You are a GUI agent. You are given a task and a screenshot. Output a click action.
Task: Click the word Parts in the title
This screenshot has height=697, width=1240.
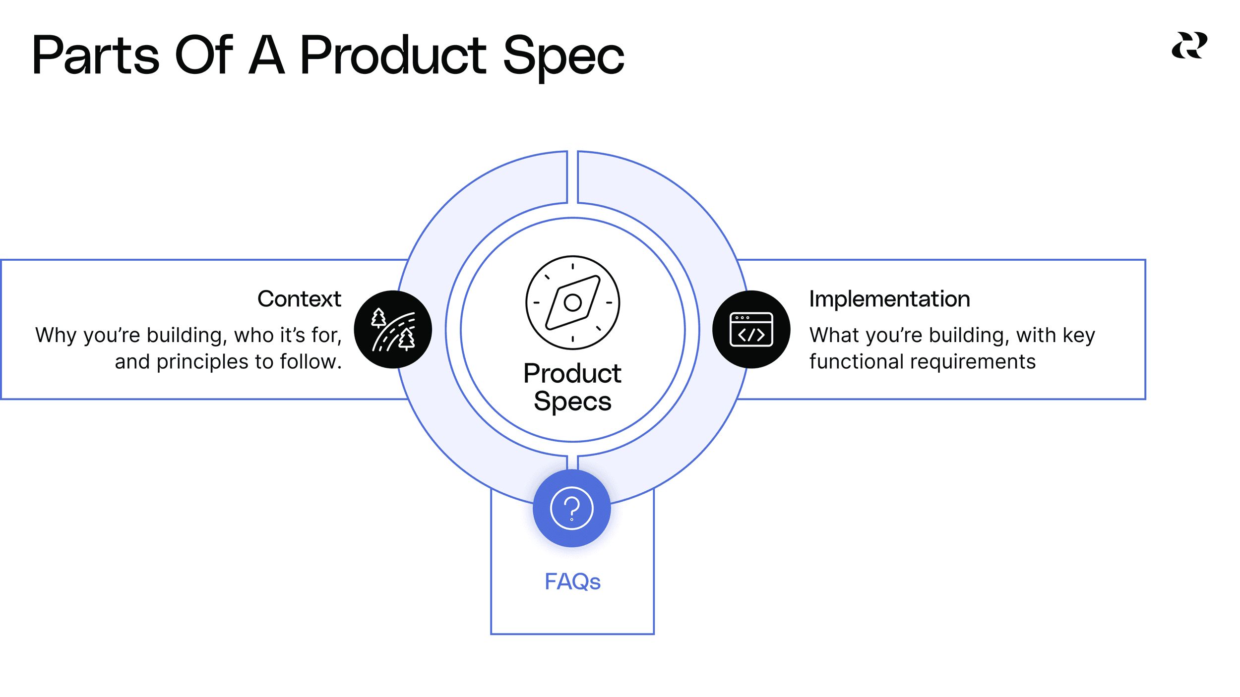(96, 55)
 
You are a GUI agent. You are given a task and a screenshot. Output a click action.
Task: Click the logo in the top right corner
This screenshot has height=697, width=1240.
(1189, 45)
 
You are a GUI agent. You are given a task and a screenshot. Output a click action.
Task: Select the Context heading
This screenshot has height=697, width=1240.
(299, 299)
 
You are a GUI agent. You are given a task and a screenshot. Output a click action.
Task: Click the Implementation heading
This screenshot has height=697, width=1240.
(889, 299)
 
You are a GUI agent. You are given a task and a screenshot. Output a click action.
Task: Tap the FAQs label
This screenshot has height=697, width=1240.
(572, 581)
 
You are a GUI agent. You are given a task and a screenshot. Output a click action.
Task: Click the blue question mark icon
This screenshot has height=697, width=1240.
(572, 508)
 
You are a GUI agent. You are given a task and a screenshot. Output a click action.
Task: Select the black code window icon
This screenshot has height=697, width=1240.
(751, 329)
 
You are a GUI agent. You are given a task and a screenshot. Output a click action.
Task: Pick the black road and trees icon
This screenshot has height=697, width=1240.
(393, 329)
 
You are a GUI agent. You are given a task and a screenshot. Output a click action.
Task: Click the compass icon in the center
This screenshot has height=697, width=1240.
(572, 302)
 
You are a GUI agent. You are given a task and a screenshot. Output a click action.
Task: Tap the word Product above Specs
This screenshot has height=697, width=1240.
(572, 373)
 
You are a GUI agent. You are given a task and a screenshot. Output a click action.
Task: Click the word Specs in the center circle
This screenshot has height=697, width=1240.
(572, 401)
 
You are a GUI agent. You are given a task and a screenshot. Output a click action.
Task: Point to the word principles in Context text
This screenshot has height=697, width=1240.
(203, 362)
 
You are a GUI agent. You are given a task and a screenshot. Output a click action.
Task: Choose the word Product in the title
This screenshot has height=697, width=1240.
(393, 55)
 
